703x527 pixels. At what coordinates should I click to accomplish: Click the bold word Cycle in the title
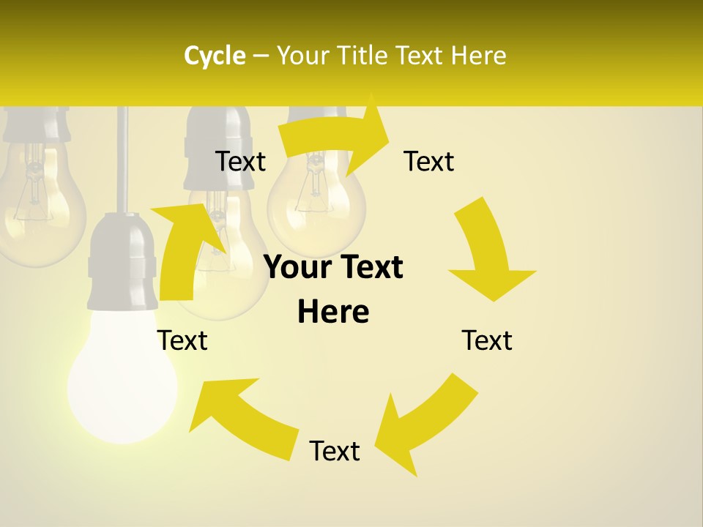point(215,56)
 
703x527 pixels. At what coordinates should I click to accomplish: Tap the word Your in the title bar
point(302,56)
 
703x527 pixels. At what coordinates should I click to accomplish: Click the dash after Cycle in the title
point(261,56)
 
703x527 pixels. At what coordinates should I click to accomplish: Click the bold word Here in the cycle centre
point(333,313)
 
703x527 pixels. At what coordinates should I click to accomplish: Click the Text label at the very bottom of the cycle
point(335,451)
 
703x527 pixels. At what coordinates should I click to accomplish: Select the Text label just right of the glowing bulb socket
point(183,340)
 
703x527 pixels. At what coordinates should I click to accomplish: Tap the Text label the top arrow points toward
point(429,161)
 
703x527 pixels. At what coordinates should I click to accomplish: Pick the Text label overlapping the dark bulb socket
point(240,161)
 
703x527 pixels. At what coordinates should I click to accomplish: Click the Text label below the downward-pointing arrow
point(487,340)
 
